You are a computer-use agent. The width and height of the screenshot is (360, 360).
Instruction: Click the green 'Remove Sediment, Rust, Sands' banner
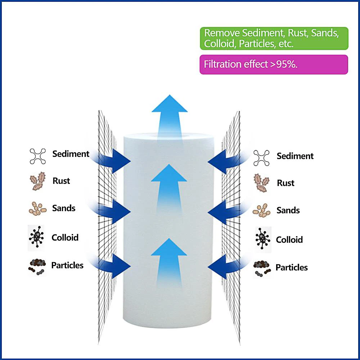tap(274, 38)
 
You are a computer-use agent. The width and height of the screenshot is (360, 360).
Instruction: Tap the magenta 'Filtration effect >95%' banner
tap(274, 64)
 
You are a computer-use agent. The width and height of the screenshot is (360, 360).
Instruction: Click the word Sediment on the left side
tap(71, 154)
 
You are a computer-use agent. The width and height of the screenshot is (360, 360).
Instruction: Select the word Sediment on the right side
tap(295, 156)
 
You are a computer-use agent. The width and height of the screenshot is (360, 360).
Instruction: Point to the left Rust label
tap(61, 181)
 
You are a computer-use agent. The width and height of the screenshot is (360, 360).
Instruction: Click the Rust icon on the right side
tap(261, 183)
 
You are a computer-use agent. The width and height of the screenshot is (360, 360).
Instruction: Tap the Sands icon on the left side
tap(37, 208)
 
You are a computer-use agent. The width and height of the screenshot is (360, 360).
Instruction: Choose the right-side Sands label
tap(288, 210)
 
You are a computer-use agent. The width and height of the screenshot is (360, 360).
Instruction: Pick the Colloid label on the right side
tap(289, 239)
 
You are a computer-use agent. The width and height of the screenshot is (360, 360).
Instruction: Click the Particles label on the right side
tap(292, 267)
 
